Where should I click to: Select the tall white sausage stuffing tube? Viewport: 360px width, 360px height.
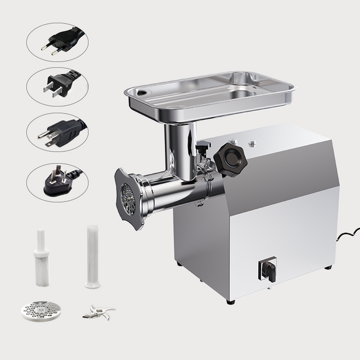click(x=92, y=256)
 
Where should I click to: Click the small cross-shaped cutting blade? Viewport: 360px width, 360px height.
click(x=98, y=312)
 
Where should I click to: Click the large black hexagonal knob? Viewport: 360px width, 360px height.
click(x=231, y=160)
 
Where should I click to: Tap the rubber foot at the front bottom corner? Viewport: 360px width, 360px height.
click(x=231, y=301)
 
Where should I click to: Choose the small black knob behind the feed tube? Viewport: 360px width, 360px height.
click(x=202, y=147)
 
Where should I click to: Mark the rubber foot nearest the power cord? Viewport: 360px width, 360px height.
click(x=328, y=267)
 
